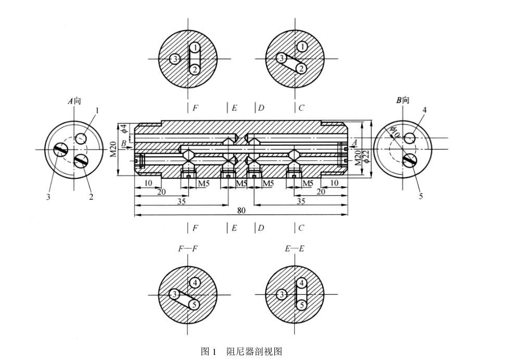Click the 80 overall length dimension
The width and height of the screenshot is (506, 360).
tap(242, 210)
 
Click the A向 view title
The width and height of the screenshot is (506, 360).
tap(74, 101)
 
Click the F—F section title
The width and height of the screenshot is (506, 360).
tap(187, 249)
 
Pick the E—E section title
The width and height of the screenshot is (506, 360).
tap(294, 249)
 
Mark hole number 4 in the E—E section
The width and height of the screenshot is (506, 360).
tap(301, 283)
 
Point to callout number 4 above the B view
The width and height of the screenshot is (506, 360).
tap(424, 110)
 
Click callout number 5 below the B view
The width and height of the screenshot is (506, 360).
tap(421, 196)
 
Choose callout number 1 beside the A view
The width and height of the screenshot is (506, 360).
tap(97, 110)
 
